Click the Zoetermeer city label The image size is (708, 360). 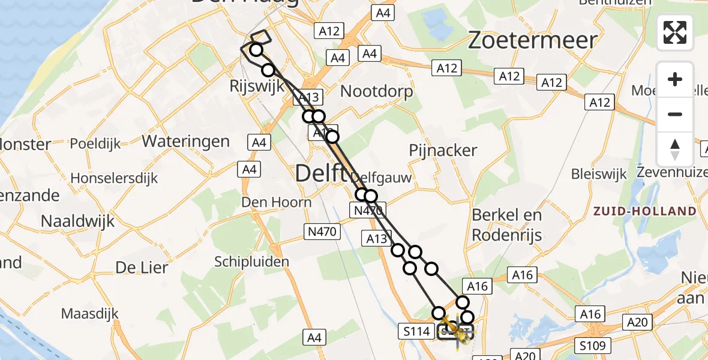[533, 40]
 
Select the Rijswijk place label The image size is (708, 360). [257, 86]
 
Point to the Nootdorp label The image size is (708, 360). [377, 91]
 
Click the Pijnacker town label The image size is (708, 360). [443, 151]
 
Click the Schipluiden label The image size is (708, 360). [251, 262]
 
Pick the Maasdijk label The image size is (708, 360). [90, 313]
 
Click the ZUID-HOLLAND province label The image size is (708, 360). [644, 211]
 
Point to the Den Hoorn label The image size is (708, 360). [277, 202]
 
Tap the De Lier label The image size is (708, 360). [142, 268]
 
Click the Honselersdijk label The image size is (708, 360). [114, 178]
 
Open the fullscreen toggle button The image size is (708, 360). [675, 32]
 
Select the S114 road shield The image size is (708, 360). [416, 331]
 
